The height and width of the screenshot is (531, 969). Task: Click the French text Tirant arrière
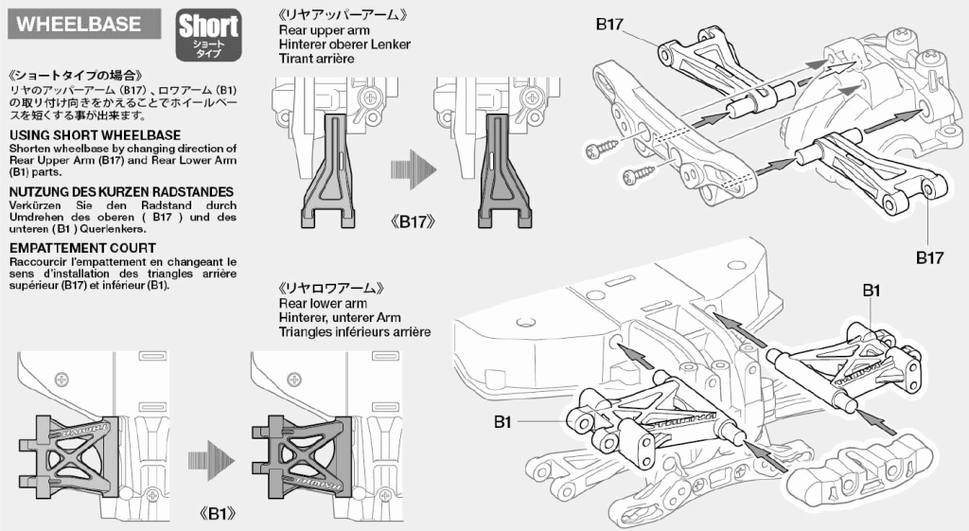pyautogui.click(x=316, y=59)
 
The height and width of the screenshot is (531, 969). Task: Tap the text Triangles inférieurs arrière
pyautogui.click(x=355, y=332)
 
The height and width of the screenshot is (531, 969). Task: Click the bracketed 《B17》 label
pyautogui.click(x=414, y=222)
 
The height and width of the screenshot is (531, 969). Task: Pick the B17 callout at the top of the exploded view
pyautogui.click(x=609, y=25)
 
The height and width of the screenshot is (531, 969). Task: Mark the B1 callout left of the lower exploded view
pyautogui.click(x=502, y=421)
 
